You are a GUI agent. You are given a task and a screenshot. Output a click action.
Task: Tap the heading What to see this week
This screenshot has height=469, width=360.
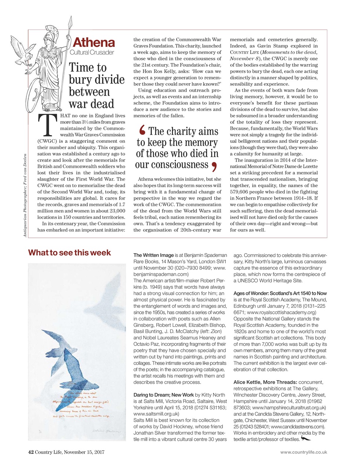tap(69, 253)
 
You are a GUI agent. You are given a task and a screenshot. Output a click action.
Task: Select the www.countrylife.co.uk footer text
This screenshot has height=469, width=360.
tap(303, 452)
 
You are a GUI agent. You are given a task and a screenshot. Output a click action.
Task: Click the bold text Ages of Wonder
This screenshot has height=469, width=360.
tap(256, 293)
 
